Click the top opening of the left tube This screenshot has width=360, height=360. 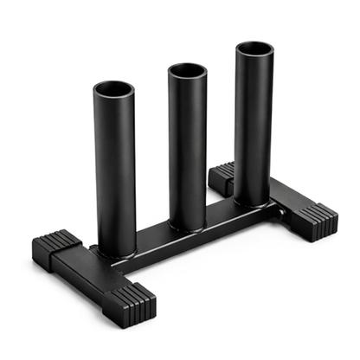(x=114, y=89)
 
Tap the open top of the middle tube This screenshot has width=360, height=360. (x=187, y=69)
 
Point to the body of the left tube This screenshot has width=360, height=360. (x=115, y=173)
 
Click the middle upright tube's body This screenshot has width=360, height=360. (x=188, y=147)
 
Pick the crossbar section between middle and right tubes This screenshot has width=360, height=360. (x=222, y=218)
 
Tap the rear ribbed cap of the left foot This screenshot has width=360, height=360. (x=55, y=245)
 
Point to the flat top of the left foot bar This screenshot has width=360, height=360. (x=87, y=264)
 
